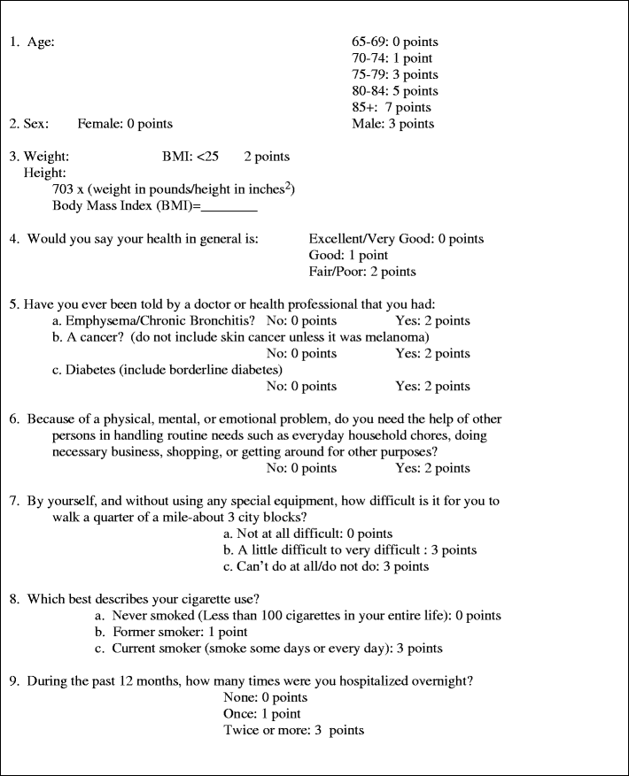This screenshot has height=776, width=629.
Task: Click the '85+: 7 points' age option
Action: (x=392, y=107)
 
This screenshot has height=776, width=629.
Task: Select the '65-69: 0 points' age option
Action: (x=395, y=42)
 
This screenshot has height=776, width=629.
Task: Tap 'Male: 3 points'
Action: (x=393, y=124)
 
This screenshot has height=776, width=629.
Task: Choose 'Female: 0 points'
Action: (x=125, y=124)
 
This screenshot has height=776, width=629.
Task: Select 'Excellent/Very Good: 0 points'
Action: (x=396, y=239)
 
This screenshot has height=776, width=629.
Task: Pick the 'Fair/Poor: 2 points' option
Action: (x=362, y=272)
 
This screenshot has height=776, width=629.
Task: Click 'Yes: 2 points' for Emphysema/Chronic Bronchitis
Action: (x=432, y=321)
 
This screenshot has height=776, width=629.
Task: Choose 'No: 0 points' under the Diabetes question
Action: (x=301, y=387)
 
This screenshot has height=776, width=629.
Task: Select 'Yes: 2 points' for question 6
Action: (x=432, y=468)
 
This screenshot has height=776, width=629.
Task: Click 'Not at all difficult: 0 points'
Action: (x=307, y=534)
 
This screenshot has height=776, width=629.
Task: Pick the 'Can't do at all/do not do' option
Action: (x=326, y=566)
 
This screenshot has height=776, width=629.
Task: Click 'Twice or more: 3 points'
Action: (x=294, y=730)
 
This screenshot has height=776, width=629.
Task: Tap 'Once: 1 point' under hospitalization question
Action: (x=262, y=714)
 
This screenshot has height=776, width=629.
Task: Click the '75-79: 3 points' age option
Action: (x=395, y=74)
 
